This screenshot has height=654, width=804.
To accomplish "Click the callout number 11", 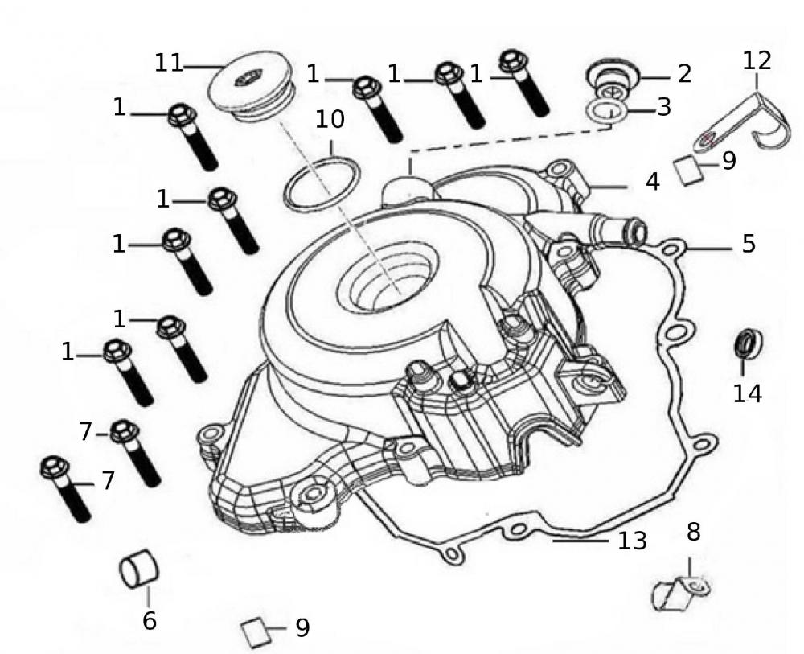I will [x=169, y=63].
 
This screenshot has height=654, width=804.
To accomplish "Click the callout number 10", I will [x=330, y=119].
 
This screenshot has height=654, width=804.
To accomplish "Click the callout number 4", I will [x=653, y=182].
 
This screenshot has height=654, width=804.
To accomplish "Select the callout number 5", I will [x=749, y=244].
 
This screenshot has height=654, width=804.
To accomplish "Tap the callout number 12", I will [x=757, y=60].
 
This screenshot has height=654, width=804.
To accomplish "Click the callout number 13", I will [x=633, y=541].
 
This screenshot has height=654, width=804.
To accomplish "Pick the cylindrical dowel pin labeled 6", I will [x=139, y=570].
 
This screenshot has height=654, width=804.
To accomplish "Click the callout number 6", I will [x=150, y=620].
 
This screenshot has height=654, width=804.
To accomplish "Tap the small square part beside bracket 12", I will [x=692, y=171].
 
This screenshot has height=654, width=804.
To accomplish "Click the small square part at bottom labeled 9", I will [x=256, y=632].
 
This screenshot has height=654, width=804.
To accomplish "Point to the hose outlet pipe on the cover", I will [x=619, y=232].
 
